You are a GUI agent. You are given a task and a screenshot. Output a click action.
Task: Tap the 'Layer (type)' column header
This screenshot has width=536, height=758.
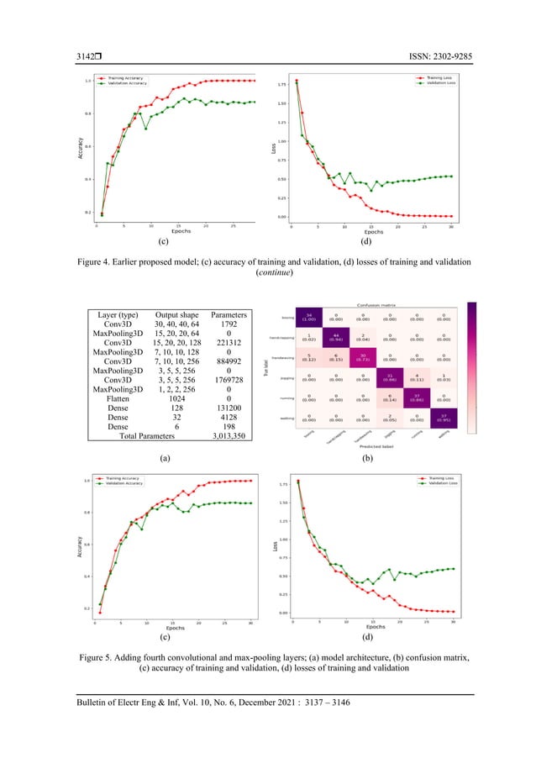coord(117,316)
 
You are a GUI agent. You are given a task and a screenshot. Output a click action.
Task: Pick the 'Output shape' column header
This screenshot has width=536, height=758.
coord(173,316)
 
